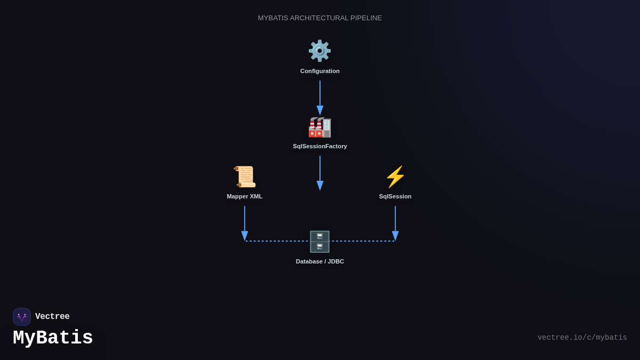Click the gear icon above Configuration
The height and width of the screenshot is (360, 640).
[319, 51]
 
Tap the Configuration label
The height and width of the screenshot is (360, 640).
[320, 71]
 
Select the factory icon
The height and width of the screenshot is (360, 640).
[319, 127]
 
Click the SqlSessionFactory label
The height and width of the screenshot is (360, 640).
[320, 146]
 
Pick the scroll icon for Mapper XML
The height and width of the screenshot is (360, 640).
[245, 177]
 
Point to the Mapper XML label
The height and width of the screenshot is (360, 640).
[245, 196]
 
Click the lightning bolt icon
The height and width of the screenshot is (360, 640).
[395, 177]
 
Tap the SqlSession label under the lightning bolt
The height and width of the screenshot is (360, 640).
[395, 196]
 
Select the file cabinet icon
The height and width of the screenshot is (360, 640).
[319, 242]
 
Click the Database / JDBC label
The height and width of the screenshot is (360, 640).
[320, 261]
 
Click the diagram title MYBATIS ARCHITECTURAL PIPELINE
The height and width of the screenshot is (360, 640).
[320, 18]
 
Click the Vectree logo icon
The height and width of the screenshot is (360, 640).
[22, 317]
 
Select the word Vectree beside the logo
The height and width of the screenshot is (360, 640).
[52, 317]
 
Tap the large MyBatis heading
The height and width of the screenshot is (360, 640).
[53, 338]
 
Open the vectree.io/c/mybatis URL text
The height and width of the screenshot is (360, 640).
[582, 338]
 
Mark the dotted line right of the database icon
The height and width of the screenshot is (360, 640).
[363, 241]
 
